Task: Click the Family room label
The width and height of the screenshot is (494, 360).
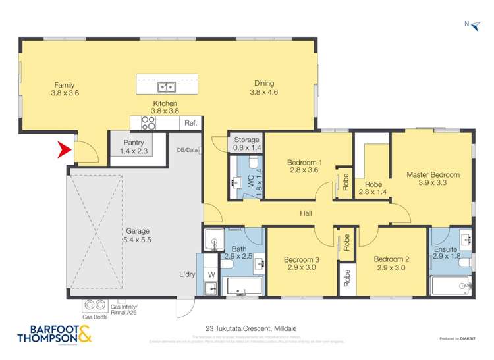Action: [x=64, y=85]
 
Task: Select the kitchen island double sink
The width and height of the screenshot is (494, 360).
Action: [x=166, y=87]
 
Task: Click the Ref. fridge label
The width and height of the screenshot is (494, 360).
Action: [x=190, y=123]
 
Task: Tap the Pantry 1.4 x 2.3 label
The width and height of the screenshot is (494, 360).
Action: [x=134, y=147]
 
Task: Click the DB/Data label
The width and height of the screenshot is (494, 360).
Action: [x=187, y=150]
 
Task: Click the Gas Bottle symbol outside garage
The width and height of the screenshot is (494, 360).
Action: [x=94, y=305]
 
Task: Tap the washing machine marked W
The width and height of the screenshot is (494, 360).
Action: [x=211, y=274]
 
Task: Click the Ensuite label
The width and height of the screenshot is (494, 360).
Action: [x=445, y=249]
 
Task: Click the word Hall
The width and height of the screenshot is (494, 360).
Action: [x=306, y=213]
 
